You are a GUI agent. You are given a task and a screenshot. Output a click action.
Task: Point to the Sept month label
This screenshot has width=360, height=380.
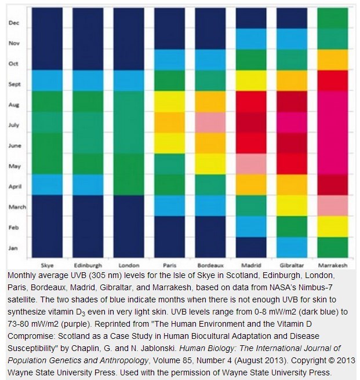(14, 84)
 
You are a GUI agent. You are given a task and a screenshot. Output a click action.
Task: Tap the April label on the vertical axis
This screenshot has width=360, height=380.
(14, 187)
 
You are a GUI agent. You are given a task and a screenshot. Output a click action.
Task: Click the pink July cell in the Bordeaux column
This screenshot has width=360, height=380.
(209, 123)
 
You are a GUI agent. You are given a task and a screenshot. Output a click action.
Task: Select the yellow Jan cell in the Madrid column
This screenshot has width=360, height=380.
(250, 246)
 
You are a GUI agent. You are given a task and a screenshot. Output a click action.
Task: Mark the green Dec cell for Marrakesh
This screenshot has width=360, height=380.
(330, 19)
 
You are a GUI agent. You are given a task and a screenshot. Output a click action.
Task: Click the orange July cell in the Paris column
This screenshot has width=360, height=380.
(169, 122)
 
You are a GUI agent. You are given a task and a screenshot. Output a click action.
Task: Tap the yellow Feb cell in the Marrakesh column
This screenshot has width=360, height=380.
(330, 226)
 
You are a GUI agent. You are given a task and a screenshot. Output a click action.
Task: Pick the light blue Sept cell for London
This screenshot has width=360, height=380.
(129, 80)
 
